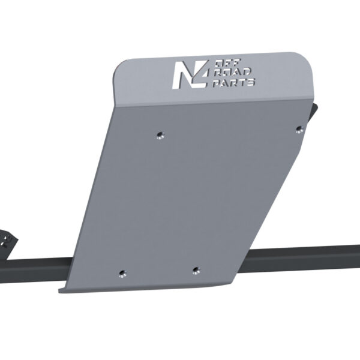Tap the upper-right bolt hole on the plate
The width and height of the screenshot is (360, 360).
tap(298, 128)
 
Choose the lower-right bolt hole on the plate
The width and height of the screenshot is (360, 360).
tap(195, 269)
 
